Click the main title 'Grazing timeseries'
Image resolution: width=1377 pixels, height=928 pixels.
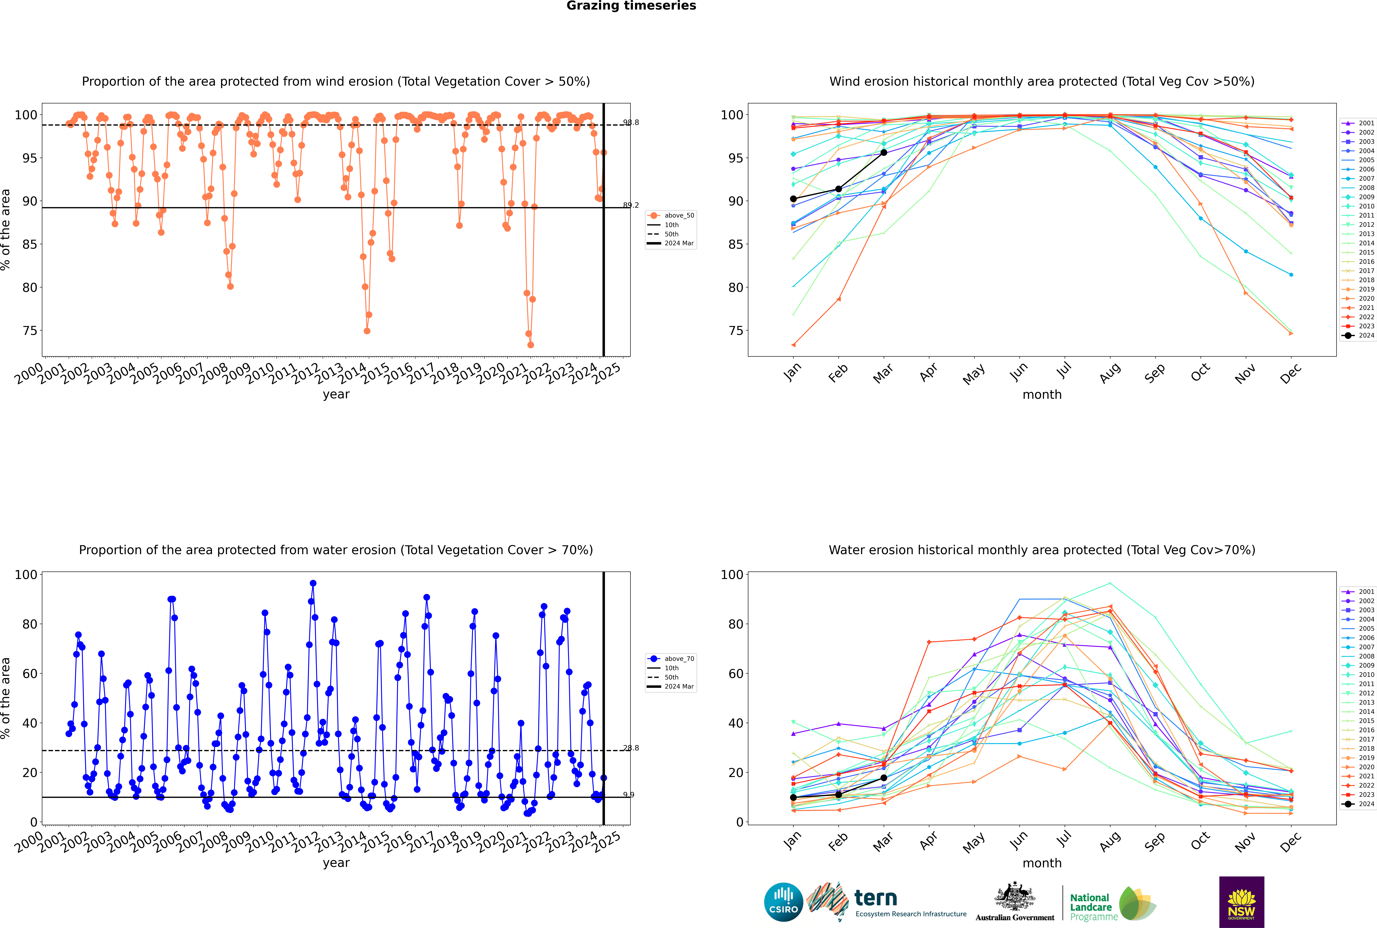click(x=631, y=6)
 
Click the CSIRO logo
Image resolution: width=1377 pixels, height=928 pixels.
click(x=783, y=902)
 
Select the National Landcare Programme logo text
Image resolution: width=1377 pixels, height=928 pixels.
click(x=1091, y=907)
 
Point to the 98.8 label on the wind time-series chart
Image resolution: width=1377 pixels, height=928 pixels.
click(x=631, y=122)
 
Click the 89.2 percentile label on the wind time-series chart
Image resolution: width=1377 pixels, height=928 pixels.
click(x=631, y=205)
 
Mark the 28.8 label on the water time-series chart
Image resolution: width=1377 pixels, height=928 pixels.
click(x=631, y=748)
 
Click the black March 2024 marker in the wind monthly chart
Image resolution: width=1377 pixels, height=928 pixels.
click(x=884, y=153)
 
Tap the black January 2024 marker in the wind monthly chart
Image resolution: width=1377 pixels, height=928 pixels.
click(x=793, y=199)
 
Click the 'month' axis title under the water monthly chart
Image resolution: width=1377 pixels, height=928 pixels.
click(x=1042, y=863)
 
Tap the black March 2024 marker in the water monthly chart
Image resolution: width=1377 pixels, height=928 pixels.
click(x=884, y=778)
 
